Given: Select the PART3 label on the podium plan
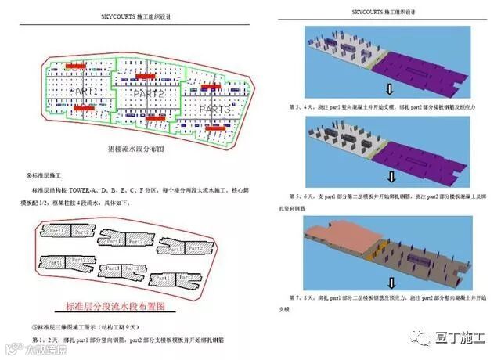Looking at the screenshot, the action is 213,110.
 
